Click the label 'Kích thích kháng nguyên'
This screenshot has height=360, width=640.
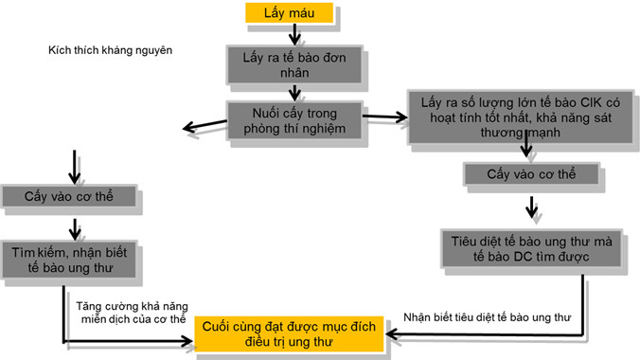coord(110,49)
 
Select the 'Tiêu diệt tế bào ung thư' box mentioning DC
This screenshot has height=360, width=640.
coord(531,249)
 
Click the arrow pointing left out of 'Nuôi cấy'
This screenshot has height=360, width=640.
coord(204,125)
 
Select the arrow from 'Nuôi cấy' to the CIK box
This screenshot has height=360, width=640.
coord(383,117)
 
